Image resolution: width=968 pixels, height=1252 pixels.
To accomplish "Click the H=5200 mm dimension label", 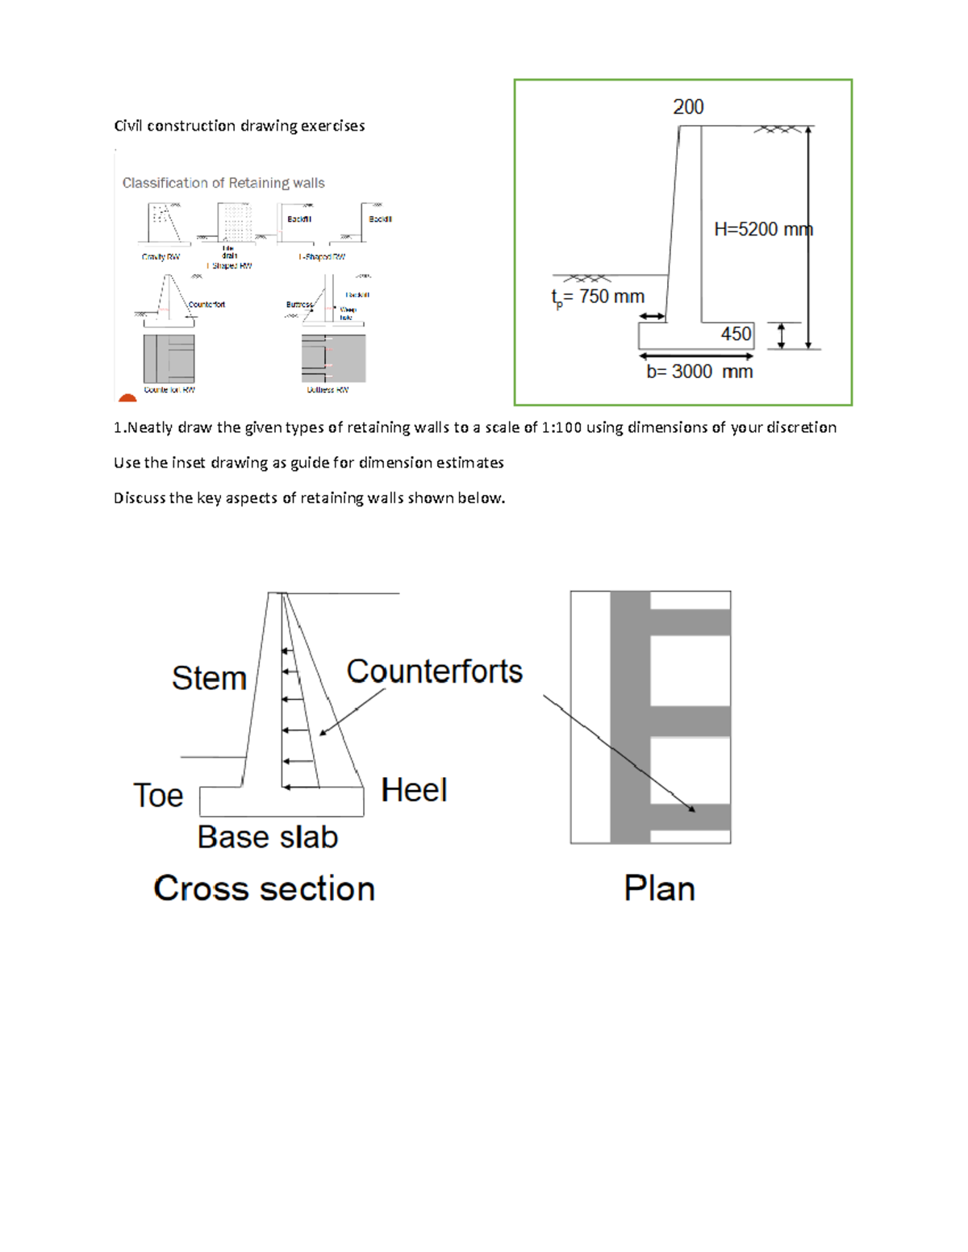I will click(762, 230).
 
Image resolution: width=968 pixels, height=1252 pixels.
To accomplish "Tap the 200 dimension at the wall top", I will click(688, 107).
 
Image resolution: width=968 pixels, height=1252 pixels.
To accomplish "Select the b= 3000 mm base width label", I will click(699, 372).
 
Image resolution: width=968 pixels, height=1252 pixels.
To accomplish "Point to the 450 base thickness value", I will click(736, 334).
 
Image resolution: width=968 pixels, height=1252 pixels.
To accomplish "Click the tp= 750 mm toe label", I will click(598, 297).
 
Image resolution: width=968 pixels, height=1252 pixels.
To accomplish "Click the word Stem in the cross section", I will click(209, 678).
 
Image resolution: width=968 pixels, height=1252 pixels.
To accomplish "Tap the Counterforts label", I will click(434, 672).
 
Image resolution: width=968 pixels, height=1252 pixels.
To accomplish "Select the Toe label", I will click(158, 796).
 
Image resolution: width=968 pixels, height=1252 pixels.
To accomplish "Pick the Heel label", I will click(413, 790).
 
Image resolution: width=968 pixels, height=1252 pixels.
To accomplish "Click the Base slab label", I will click(267, 838).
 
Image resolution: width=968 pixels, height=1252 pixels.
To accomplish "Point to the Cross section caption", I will click(264, 888).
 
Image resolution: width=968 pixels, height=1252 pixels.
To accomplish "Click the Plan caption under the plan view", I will click(659, 888).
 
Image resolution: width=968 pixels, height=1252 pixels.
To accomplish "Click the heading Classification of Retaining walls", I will click(223, 183).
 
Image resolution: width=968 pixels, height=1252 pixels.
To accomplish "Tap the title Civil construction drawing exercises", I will click(239, 126).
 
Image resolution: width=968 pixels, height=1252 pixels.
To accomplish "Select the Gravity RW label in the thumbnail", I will click(161, 257).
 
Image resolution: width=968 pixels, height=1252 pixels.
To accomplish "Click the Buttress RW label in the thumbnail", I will click(328, 390).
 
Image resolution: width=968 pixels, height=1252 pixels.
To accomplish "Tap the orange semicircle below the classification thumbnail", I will click(127, 397).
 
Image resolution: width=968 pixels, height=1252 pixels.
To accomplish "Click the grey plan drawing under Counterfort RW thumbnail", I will click(169, 359).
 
